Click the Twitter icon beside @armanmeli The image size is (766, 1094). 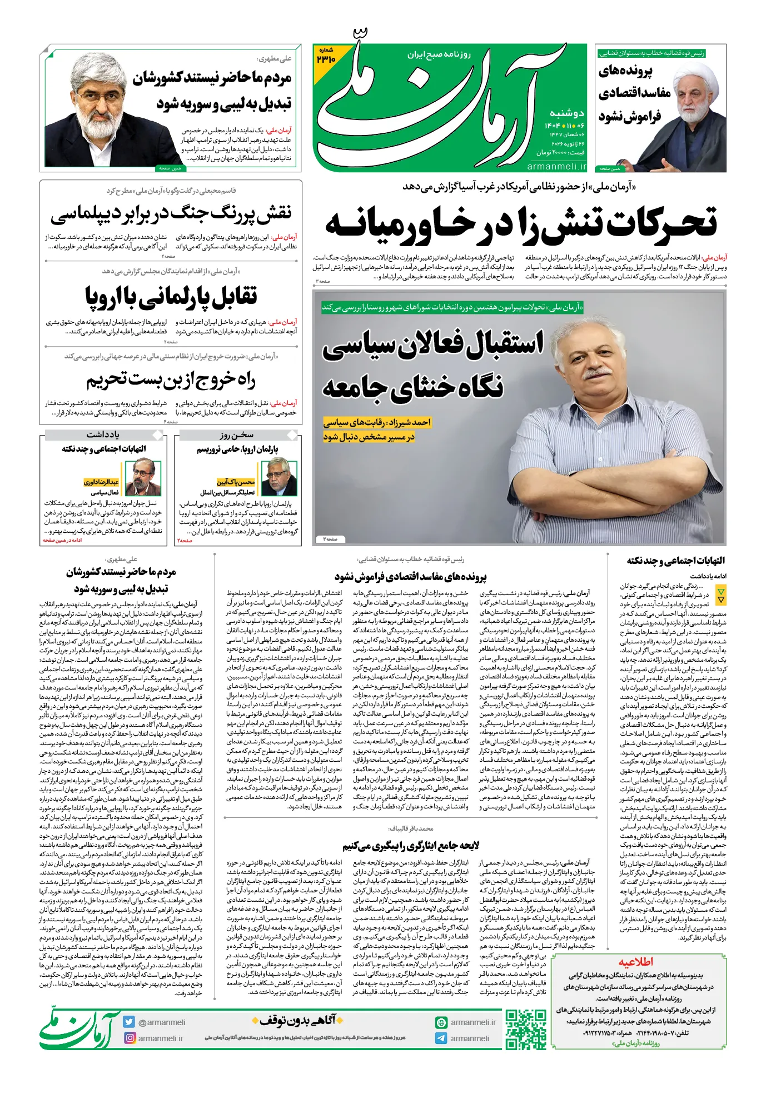click(130, 1022)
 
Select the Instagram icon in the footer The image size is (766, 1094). click(130, 1037)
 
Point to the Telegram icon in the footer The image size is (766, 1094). click(441, 1038)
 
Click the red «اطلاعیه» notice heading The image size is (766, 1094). click(635, 962)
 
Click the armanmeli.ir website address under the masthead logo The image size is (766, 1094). click(556, 166)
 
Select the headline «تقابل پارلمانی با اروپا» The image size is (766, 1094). click(171, 296)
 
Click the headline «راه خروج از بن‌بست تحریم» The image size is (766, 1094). click(171, 380)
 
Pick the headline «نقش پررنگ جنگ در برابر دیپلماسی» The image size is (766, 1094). click(171, 213)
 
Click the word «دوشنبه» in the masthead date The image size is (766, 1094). click(566, 113)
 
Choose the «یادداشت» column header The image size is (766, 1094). click(103, 434)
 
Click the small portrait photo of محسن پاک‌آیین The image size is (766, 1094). click(280, 476)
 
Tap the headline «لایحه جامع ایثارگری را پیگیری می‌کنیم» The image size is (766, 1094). click(411, 845)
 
